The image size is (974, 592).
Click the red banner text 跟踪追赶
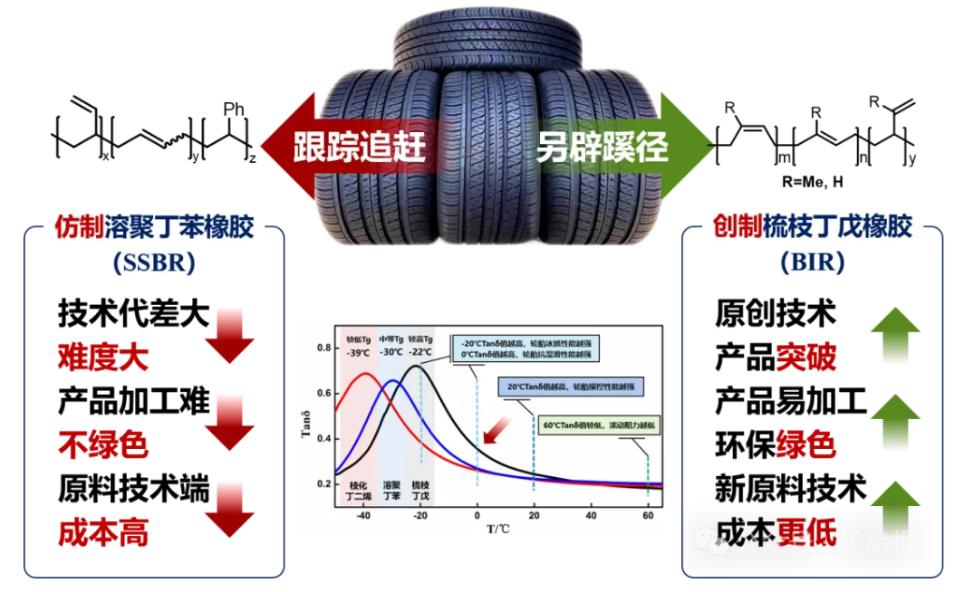359,147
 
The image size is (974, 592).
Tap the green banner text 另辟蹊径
602,147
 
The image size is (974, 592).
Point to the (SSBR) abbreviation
155,263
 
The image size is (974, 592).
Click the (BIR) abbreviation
812,263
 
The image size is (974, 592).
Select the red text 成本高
102,532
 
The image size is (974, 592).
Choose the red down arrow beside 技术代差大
230,336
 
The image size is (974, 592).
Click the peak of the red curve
365,373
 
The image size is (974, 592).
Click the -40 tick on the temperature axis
363,516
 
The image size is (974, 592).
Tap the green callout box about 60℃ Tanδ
600,424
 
